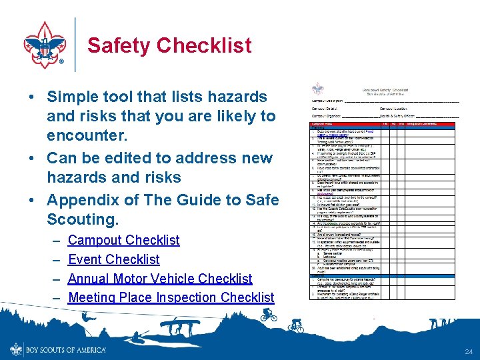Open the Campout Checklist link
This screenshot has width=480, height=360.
(123, 240)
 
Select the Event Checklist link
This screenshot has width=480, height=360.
(114, 259)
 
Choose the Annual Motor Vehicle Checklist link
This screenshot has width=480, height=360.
(160, 279)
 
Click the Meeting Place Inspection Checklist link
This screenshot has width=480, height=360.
(171, 297)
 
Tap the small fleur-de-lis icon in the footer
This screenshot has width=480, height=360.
(15, 349)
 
